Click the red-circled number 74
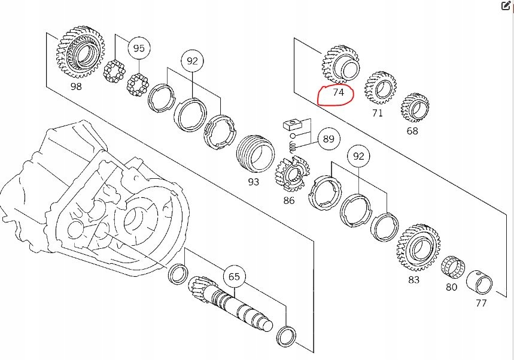[x=338, y=93]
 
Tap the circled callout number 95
[x=138, y=48]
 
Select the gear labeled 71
[x=381, y=88]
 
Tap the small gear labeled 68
[x=415, y=109]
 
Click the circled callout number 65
[x=233, y=277]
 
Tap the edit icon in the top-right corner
[x=505, y=7]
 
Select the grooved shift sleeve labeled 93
[x=255, y=153]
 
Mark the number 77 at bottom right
[x=481, y=303]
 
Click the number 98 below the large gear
[x=77, y=87]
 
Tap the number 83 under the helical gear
[x=413, y=279]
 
